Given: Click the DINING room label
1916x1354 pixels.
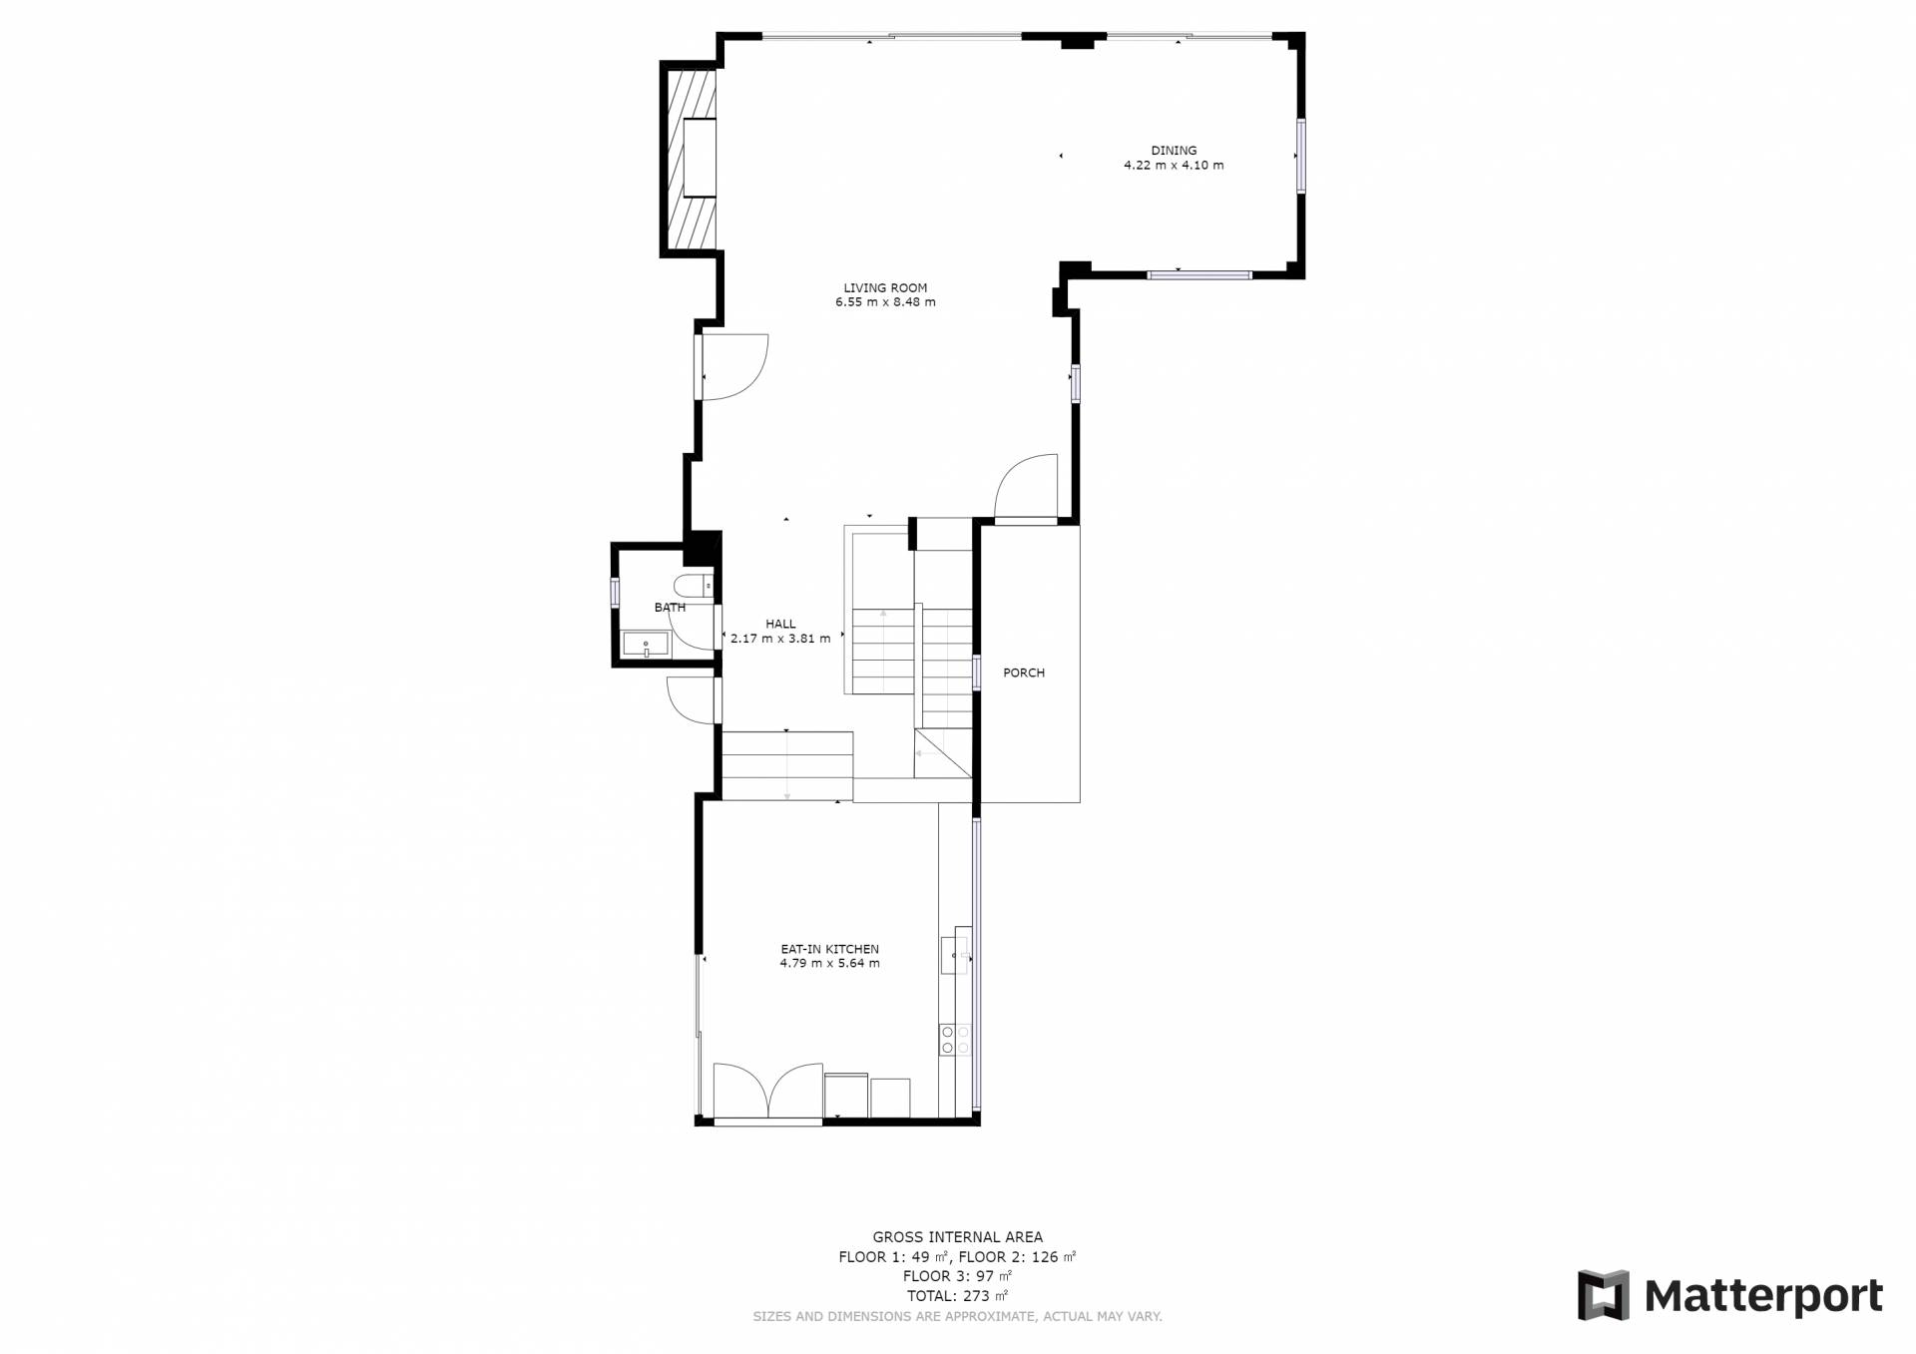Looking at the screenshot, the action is [1174, 151].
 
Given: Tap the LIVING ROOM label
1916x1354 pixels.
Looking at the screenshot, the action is [885, 288].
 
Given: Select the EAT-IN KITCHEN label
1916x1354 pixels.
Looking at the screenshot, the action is [829, 949].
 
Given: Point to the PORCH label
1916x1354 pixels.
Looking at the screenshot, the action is [1024, 673].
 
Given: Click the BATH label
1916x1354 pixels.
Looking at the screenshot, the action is [670, 608].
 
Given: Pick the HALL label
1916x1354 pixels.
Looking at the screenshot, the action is [780, 625].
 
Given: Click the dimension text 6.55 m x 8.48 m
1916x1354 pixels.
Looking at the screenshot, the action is [885, 302].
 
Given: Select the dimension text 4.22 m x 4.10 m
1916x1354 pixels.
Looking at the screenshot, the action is [1174, 166].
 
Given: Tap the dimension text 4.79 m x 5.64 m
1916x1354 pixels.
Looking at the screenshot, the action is [829, 964].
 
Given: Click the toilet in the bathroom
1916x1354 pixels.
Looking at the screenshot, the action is [693, 586].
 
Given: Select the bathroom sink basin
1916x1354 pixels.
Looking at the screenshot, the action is [647, 645].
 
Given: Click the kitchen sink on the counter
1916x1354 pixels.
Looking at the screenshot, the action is [955, 955].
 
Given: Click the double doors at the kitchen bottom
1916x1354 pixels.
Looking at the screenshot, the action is [767, 1091].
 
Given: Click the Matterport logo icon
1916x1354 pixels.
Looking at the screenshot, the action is [1603, 1295].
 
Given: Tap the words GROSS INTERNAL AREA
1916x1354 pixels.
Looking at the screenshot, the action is [957, 1237].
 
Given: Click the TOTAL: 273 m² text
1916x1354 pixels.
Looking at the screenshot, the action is [957, 1296].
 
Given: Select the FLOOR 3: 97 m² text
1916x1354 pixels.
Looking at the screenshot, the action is [957, 1276].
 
